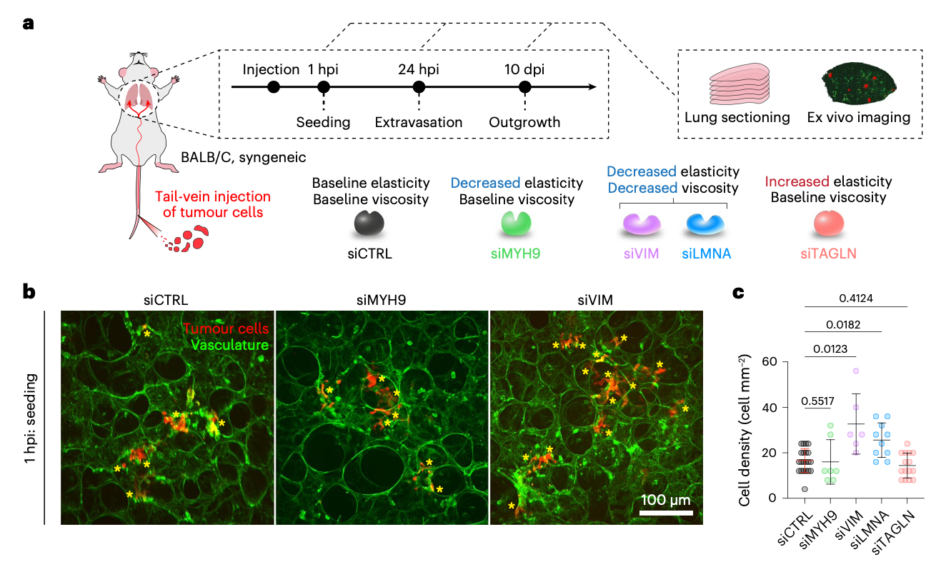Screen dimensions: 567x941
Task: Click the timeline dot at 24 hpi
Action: [419, 87]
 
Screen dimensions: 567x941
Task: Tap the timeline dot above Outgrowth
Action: [525, 87]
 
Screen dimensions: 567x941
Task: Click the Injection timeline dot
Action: [272, 87]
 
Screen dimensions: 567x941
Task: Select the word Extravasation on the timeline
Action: [419, 122]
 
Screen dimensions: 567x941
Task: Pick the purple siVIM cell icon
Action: [641, 224]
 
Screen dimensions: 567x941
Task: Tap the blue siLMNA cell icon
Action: [704, 224]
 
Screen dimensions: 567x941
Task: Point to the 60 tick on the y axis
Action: [770, 361]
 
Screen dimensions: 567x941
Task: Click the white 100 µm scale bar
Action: [666, 512]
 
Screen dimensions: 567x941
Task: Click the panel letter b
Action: [29, 291]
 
